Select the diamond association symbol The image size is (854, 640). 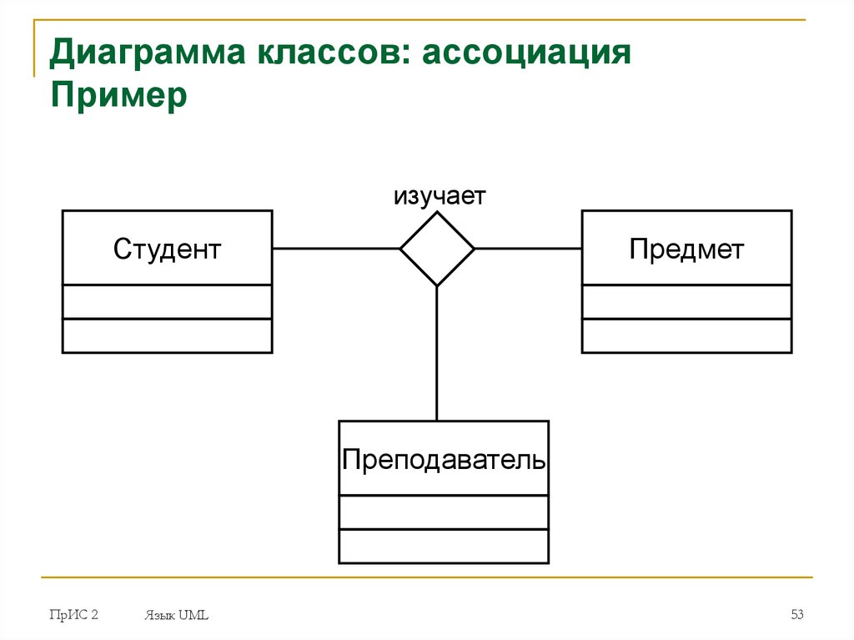point(437,249)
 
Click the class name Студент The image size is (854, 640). point(167,248)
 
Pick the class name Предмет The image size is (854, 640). point(686,248)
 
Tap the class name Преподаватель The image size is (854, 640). point(444,459)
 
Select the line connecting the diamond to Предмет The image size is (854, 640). point(527,249)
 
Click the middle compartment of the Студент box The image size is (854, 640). point(167,301)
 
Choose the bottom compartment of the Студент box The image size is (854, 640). point(167,335)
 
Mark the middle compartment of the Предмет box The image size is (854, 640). point(686,301)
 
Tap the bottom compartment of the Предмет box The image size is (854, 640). point(686,335)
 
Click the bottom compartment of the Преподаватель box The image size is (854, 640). point(444,546)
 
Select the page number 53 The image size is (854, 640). point(796,616)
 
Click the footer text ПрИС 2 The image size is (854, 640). point(73,616)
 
